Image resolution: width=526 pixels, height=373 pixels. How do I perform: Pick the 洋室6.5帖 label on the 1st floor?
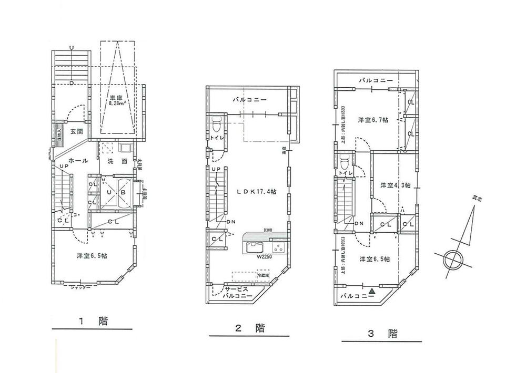[92, 256]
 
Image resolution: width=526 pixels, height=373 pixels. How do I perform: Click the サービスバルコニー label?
[236, 293]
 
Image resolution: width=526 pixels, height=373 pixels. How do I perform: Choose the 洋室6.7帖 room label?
[373, 120]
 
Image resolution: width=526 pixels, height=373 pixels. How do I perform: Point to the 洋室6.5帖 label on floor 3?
[375, 259]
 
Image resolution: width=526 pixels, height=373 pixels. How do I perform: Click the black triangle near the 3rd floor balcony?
[372, 290]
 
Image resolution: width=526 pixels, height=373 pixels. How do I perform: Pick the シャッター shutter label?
[80, 288]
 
